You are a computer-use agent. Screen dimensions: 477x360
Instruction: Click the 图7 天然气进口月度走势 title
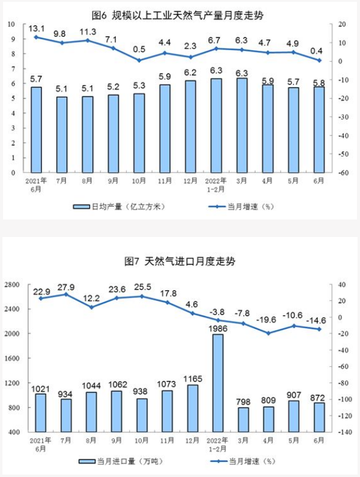tap(180, 261)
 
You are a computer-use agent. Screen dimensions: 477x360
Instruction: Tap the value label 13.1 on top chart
tap(37, 28)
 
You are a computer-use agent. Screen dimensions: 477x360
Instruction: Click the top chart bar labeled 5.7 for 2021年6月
tap(37, 129)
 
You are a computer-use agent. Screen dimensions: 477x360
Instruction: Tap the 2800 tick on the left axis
tap(13, 284)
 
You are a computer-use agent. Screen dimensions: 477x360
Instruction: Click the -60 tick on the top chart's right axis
tap(342, 173)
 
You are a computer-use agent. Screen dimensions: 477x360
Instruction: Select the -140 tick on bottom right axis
tap(343, 433)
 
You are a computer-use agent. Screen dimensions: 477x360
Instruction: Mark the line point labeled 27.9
tap(66, 294)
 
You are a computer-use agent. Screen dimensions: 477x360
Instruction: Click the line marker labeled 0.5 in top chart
tap(139, 60)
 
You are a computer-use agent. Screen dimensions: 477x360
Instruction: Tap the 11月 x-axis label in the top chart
tap(164, 180)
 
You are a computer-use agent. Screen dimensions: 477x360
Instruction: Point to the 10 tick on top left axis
tap(12, 24)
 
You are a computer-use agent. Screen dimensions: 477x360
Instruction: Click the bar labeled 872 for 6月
tap(320, 417)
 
